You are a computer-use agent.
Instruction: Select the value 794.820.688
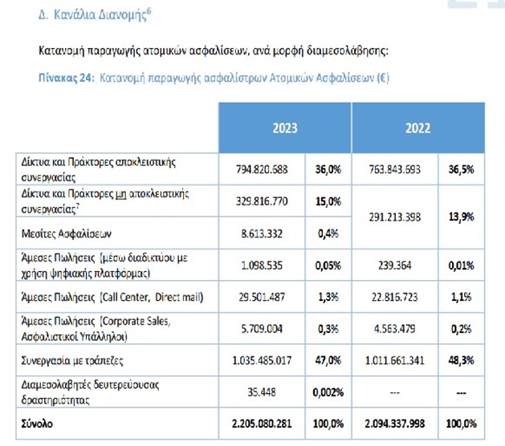tap(264, 169)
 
